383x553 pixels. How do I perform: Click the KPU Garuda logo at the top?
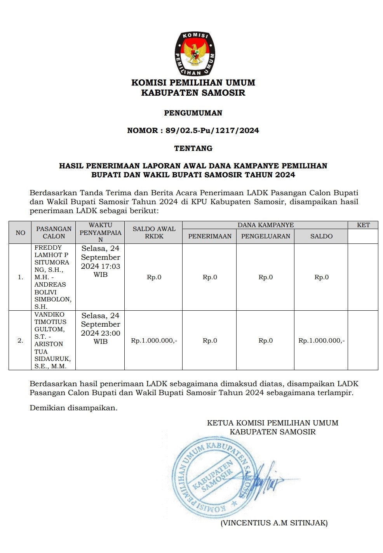point(195,54)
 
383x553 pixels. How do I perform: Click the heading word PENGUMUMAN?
point(193,113)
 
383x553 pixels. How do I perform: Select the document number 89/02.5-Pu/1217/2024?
point(212,131)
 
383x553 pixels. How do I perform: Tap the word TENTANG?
point(193,148)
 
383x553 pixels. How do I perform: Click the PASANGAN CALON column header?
point(54,233)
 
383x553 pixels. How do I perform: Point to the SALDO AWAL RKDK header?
point(154,233)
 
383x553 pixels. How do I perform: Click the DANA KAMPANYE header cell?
point(266,225)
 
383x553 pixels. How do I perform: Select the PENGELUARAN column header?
point(266,236)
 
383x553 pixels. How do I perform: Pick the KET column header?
point(363,225)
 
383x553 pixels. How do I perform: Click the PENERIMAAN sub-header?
point(210,236)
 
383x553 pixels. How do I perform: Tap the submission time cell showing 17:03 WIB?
point(101,261)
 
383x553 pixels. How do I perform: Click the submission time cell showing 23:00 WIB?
point(101,328)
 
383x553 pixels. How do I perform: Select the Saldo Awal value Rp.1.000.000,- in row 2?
point(154,341)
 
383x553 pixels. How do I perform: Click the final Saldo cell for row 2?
point(321,341)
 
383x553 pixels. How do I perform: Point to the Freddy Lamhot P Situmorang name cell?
point(53,277)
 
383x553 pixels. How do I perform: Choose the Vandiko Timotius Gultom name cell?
point(53,340)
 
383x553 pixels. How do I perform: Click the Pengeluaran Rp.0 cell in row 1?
point(266,277)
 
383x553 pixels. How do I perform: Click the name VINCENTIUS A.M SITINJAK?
point(274,523)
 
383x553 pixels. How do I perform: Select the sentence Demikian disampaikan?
point(73,408)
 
